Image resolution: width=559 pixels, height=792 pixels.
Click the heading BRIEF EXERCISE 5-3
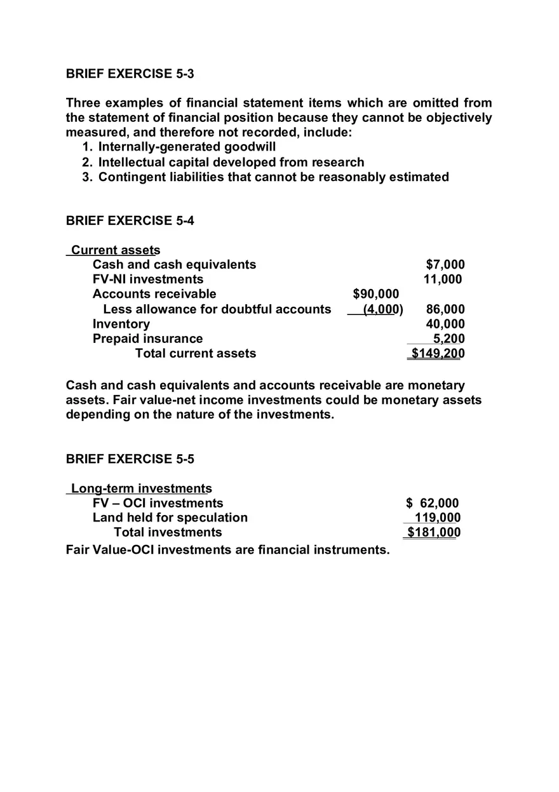(130, 74)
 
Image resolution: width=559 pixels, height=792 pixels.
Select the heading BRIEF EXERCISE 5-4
(130, 220)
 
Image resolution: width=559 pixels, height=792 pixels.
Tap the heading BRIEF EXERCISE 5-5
(130, 459)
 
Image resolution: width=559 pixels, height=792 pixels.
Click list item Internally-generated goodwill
(187, 147)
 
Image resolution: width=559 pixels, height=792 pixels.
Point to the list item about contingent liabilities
(273, 177)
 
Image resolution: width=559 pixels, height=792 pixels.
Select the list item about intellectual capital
(231, 162)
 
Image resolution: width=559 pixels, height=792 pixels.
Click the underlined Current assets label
(115, 250)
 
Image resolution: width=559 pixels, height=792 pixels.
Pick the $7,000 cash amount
(445, 264)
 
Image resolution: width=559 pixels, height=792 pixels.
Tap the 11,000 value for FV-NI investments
(443, 279)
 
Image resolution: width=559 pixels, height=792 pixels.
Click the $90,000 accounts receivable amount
(376, 293)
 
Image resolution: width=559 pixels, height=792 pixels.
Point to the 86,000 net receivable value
(445, 309)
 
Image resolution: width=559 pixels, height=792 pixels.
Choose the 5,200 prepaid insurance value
(448, 339)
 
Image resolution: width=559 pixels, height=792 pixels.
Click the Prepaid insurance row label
(147, 339)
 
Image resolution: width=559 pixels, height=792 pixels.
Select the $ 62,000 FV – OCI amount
(432, 503)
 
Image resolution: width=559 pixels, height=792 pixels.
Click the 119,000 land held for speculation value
(438, 518)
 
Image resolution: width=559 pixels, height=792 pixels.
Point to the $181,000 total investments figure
(433, 532)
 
